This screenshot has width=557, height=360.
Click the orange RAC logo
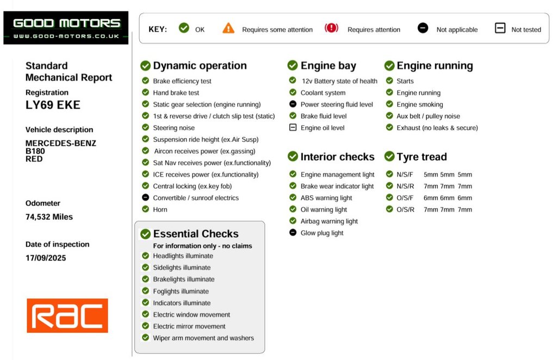pyautogui.click(x=67, y=315)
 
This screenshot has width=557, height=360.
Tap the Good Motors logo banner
pyautogui.click(x=66, y=28)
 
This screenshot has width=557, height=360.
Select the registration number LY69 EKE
pyautogui.click(x=53, y=105)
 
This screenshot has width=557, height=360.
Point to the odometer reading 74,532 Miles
pyautogui.click(x=49, y=217)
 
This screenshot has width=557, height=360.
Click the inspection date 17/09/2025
pyautogui.click(x=46, y=258)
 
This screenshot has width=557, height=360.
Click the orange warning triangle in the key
pyautogui.click(x=228, y=28)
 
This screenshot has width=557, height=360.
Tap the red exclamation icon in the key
pyautogui.click(x=331, y=28)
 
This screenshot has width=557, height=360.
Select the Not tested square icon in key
pyautogui.click(x=500, y=28)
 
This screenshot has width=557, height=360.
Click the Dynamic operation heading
pyautogui.click(x=200, y=66)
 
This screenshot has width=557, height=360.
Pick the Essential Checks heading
pyautogui.click(x=196, y=234)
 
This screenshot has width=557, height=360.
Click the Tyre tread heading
pyautogui.click(x=422, y=157)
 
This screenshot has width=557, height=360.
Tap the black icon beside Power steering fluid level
pyautogui.click(x=293, y=104)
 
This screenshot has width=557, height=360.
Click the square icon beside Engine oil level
pyautogui.click(x=293, y=127)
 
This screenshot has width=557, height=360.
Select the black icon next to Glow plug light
pyautogui.click(x=293, y=233)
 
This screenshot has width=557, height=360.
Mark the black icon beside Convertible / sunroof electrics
pyautogui.click(x=145, y=197)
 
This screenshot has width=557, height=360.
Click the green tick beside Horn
pyautogui.click(x=145, y=209)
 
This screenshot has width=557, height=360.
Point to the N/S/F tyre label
pyautogui.click(x=405, y=175)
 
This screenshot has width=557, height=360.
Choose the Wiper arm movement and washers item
pyautogui.click(x=203, y=338)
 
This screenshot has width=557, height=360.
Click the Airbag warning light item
pyautogui.click(x=329, y=221)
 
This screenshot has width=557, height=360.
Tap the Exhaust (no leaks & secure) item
pyautogui.click(x=437, y=128)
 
